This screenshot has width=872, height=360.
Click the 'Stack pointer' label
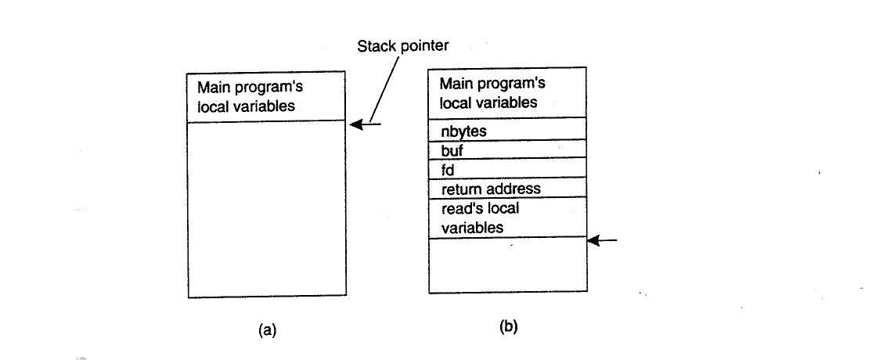point(402,46)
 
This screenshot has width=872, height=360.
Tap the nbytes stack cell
point(507,129)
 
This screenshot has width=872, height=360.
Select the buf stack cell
point(507,149)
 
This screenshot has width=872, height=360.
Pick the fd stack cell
point(507,168)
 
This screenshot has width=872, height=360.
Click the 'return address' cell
point(507,188)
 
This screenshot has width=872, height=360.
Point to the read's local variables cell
point(507,218)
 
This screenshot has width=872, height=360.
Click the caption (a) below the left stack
point(267,330)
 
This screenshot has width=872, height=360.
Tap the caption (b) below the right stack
point(508,326)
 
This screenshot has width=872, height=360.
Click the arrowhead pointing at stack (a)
point(356,124)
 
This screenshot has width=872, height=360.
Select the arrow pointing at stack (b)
point(602,240)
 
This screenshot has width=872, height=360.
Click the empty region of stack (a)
point(267,209)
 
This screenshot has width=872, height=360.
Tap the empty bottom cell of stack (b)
point(508,265)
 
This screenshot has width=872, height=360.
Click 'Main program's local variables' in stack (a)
point(250,97)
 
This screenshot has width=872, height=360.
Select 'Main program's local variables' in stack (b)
point(492,93)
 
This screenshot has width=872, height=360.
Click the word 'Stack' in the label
point(376,45)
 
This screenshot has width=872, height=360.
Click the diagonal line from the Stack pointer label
point(384,89)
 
